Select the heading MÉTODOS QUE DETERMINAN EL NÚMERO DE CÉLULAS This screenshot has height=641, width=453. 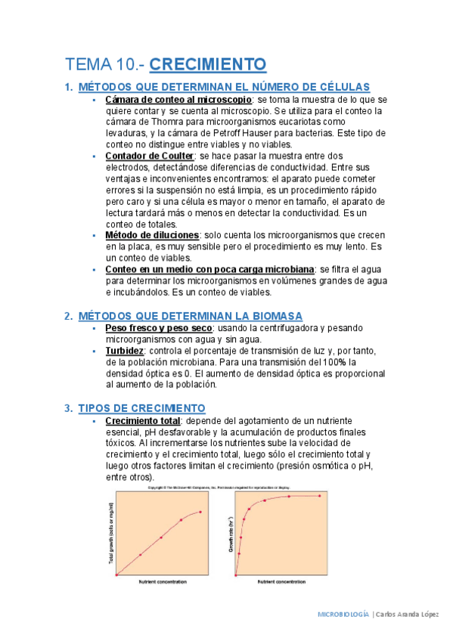pyautogui.click(x=224, y=87)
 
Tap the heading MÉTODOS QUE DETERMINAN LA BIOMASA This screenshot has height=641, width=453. pyautogui.click(x=190, y=315)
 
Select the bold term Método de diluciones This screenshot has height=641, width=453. pyautogui.click(x=152, y=235)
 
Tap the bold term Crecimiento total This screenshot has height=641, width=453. pyautogui.click(x=143, y=420)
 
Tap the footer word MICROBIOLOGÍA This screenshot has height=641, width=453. pyautogui.click(x=343, y=615)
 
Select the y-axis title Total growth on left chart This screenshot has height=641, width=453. pyautogui.click(x=110, y=533)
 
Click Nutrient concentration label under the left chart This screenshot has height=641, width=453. pyautogui.click(x=163, y=582)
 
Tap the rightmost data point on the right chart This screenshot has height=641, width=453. pyautogui.click(x=320, y=496)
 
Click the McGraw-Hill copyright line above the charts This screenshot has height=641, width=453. pyautogui.click(x=219, y=488)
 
